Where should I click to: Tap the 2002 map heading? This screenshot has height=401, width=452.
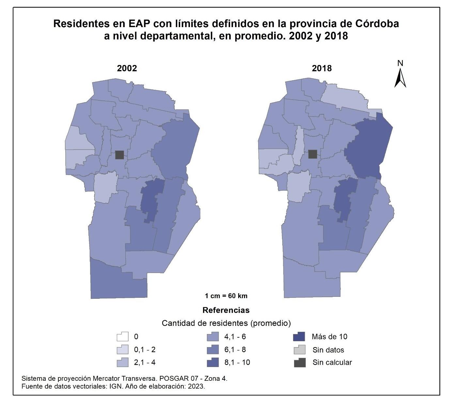tap(127, 68)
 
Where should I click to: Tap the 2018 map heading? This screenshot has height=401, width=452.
tap(322, 68)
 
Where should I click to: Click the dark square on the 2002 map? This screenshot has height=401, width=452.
tap(119, 155)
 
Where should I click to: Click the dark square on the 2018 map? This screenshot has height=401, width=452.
tap(313, 154)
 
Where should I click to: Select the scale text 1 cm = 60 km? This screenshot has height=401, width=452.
tap(226, 296)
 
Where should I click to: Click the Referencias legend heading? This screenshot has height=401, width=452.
tap(226, 310)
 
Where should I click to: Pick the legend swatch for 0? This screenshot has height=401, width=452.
tap(123, 337)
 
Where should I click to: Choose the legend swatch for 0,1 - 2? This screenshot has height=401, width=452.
tap(123, 350)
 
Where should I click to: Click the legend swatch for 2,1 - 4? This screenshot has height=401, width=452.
tap(123, 362)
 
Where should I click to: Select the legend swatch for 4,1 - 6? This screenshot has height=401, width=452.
tap(212, 337)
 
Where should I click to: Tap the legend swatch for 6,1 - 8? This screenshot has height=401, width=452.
tap(212, 350)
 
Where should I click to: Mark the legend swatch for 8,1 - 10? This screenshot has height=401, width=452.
tap(212, 362)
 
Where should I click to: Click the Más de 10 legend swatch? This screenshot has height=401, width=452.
tap(299, 337)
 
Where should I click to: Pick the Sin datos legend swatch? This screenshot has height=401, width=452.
tap(299, 350)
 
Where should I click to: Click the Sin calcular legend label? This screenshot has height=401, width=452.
tap(332, 362)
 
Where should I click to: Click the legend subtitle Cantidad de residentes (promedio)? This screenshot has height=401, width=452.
tap(226, 323)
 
